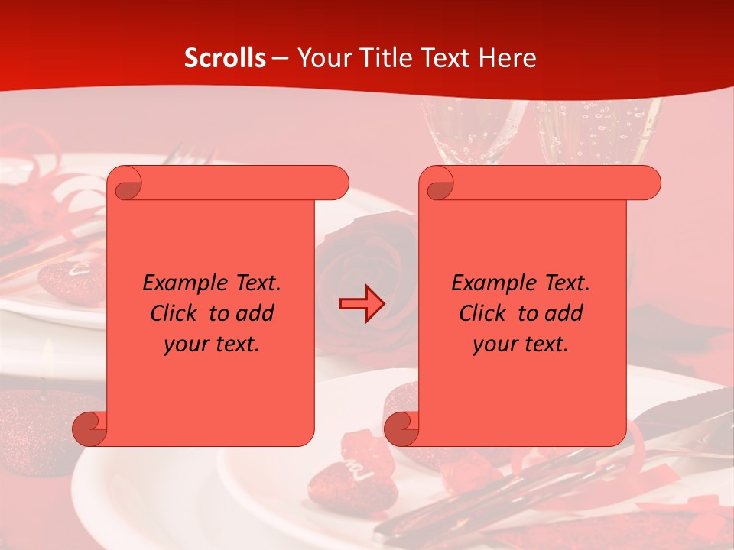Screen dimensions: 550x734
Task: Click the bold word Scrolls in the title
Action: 225,58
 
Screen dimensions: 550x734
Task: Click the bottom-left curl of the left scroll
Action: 89,429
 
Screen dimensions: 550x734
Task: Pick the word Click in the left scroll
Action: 174,313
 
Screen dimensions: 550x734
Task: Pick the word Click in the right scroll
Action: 483,313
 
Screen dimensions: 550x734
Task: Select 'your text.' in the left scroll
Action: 212,345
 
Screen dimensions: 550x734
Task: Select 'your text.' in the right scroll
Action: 521,345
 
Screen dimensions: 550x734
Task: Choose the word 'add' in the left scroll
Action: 255,313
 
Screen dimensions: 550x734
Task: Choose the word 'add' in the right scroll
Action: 563,313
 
